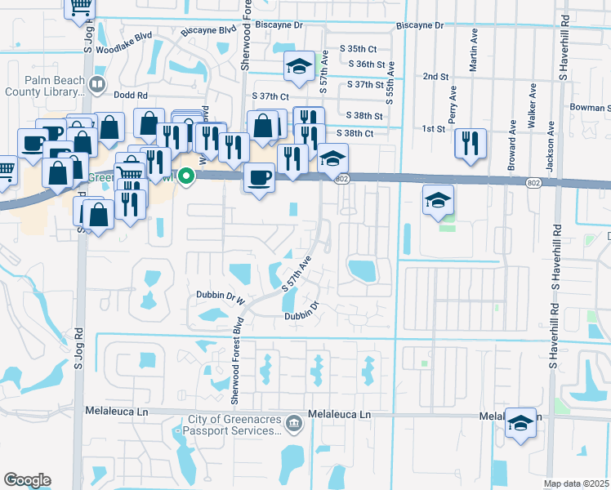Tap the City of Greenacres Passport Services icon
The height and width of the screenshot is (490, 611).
click(295, 422)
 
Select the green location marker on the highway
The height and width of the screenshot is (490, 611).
click(186, 175)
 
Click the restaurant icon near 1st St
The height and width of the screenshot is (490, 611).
click(470, 144)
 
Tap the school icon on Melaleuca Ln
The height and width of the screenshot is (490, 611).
click(520, 423)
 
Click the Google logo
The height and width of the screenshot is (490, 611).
click(27, 480)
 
